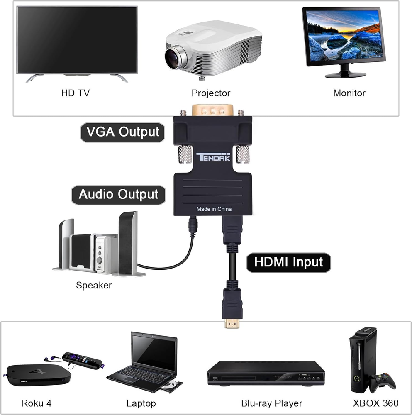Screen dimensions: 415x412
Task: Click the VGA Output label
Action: pos(122,132)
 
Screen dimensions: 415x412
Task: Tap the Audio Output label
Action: pos(119,194)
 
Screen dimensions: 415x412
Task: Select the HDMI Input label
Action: pos(288,262)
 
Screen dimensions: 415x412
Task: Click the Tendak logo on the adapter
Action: pos(212,157)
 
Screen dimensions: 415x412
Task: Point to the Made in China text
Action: pos(214,209)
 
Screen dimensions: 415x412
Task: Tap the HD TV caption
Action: pos(75,93)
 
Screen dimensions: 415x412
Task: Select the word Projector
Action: pos(211,93)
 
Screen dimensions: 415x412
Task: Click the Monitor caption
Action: pos(349,93)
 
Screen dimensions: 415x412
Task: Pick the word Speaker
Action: pos(94,285)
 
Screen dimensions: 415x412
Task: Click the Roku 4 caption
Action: pos(37,403)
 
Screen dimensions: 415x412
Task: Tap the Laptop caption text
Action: pos(141,403)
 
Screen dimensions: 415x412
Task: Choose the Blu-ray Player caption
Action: pos(272,403)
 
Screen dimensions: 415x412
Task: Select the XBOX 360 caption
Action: pos(375,403)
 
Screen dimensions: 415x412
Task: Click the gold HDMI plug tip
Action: pos(232,322)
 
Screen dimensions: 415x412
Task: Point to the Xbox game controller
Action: pos(382,381)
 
